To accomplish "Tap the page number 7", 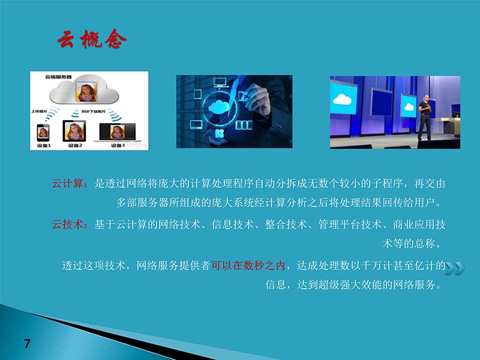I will [x=27, y=343].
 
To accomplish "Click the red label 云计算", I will [x=70, y=183].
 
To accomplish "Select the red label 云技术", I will [x=70, y=224].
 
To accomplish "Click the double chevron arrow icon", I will [x=454, y=268].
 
